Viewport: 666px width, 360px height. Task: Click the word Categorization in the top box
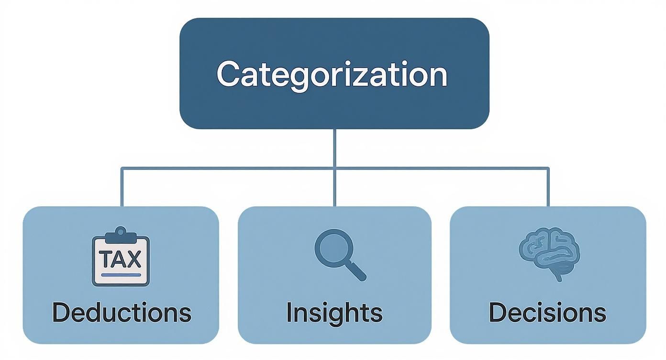(332, 74)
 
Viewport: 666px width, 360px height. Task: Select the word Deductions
(122, 312)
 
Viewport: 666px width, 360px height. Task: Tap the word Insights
(334, 312)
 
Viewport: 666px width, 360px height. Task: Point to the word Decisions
(547, 312)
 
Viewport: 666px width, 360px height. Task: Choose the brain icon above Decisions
(549, 253)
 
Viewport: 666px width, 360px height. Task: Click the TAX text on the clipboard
(121, 259)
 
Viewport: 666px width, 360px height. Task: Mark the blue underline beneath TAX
(121, 275)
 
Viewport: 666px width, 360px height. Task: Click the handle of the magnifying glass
(356, 271)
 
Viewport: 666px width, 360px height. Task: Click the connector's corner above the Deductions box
(122, 168)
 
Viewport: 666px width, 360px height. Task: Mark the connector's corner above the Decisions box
(548, 168)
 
